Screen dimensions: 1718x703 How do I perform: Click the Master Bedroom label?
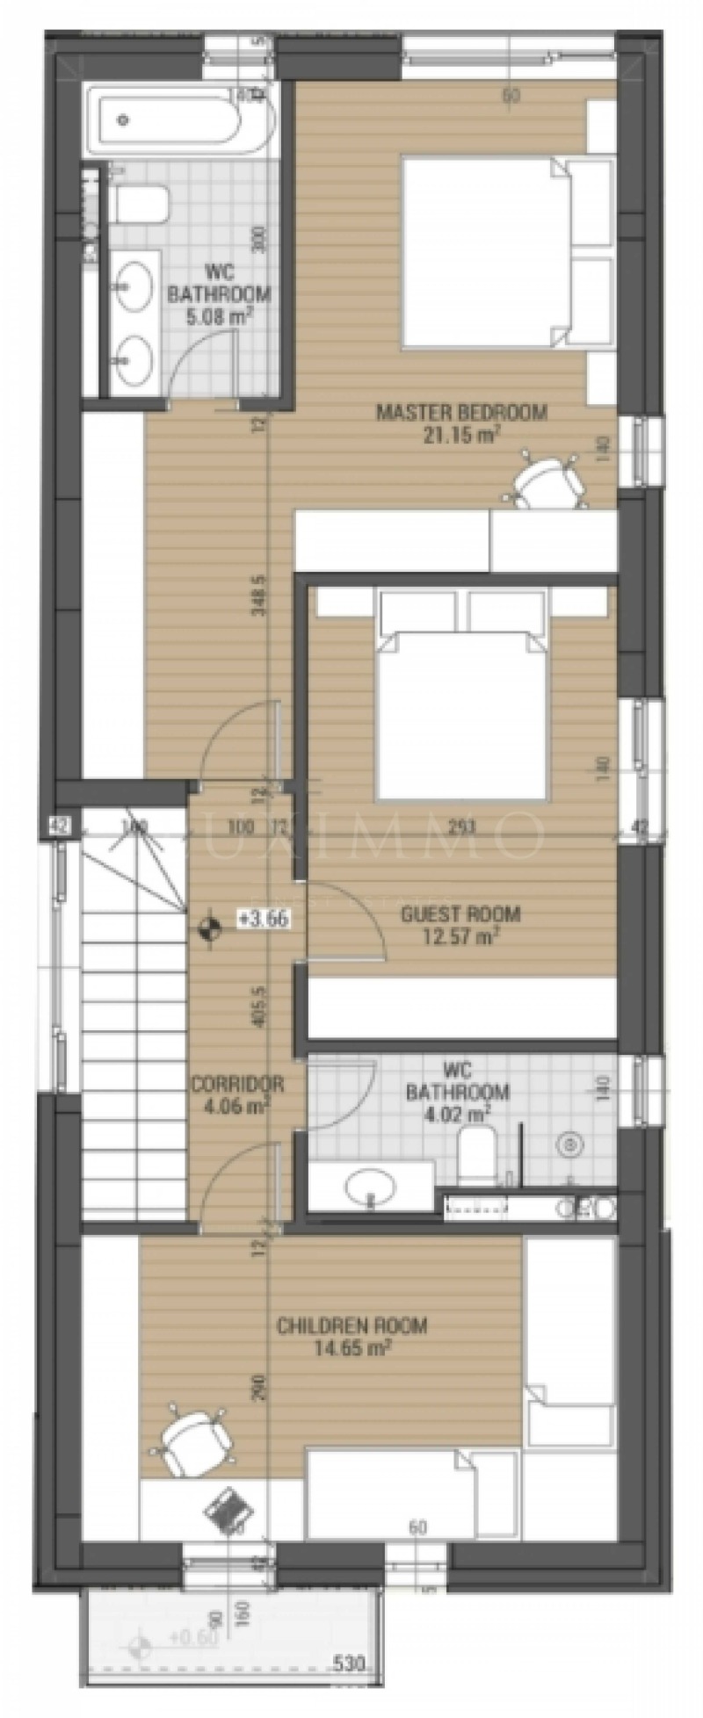pos(460,411)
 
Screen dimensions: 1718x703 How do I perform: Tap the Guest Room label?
pos(460,913)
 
